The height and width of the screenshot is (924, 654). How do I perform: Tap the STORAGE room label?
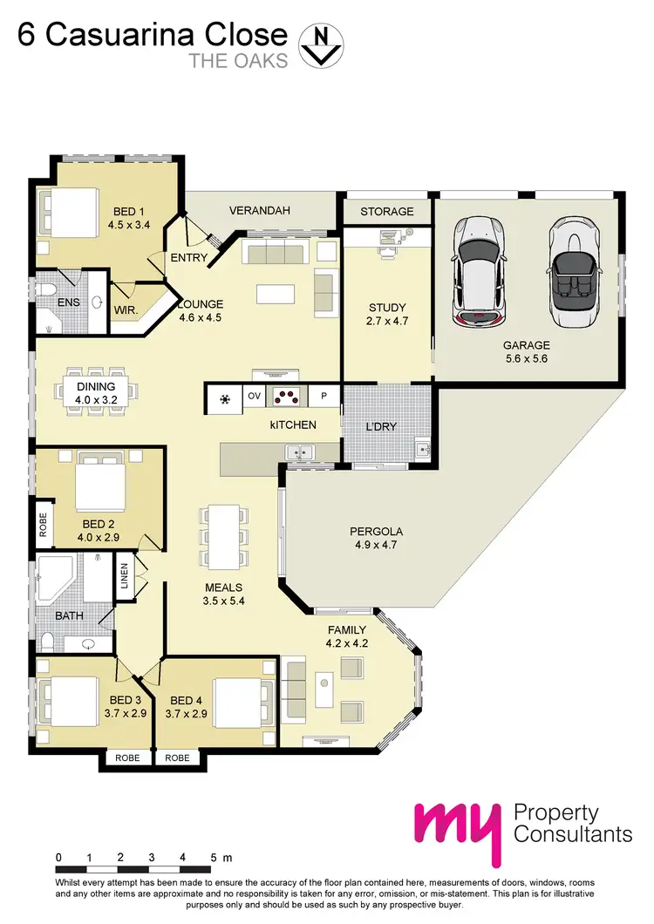click(387, 212)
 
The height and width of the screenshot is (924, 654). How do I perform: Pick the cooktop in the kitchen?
click(286, 397)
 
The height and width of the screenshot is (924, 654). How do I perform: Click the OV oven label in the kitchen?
click(254, 397)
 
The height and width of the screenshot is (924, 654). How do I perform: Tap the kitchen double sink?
click(302, 452)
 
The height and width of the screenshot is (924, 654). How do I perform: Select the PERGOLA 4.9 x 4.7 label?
click(376, 537)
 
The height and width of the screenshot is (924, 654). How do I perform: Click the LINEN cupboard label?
click(125, 578)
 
